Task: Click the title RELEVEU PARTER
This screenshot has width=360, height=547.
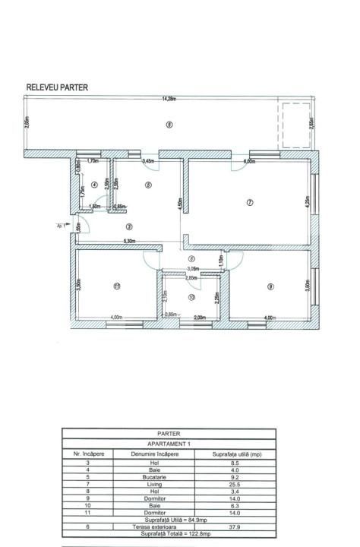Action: [x=57, y=88]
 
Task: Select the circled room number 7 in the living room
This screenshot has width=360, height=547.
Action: [x=249, y=202]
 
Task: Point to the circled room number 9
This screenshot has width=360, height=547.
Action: [x=270, y=286]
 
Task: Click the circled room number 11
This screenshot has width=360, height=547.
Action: [x=115, y=286]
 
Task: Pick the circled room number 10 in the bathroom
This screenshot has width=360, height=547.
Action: [x=191, y=297]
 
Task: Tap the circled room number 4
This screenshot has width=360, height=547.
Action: [x=94, y=185]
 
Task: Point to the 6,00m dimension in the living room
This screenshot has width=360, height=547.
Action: [x=248, y=162]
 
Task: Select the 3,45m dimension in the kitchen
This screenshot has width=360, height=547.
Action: [x=148, y=162]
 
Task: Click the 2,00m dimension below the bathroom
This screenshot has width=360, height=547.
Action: [x=200, y=318]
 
